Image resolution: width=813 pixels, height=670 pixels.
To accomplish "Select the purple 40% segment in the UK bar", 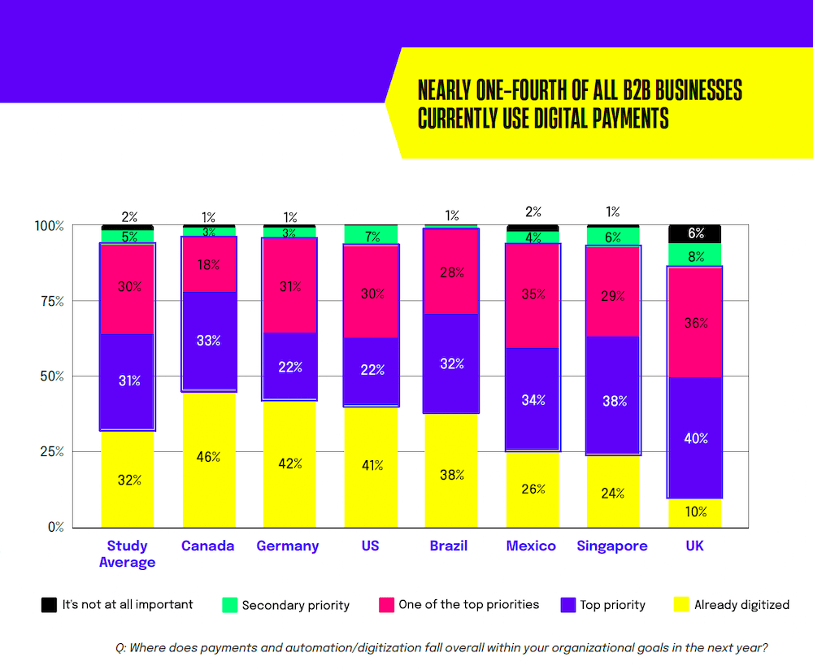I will click(x=696, y=437).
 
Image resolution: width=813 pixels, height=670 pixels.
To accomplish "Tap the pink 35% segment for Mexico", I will click(x=533, y=295).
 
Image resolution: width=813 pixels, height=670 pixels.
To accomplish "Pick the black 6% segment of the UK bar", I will click(x=696, y=233).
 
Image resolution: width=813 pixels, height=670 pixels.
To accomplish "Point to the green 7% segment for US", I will click(x=370, y=235).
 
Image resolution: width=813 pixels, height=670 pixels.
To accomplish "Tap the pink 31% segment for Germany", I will click(x=289, y=285).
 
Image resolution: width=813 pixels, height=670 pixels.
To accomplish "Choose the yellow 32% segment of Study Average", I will click(x=128, y=479).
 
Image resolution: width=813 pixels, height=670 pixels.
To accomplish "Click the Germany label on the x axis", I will click(x=288, y=546).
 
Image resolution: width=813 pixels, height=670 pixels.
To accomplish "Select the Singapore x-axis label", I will click(x=612, y=546).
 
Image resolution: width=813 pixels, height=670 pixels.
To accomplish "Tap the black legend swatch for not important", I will click(x=49, y=605).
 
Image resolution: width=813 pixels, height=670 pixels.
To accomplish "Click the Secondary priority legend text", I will click(x=295, y=605).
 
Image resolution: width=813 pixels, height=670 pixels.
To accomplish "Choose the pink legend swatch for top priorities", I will click(x=386, y=605).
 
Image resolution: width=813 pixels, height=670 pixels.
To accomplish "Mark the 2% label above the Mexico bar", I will click(x=533, y=212).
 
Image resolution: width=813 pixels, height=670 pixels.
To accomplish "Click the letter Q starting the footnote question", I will click(x=120, y=648).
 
